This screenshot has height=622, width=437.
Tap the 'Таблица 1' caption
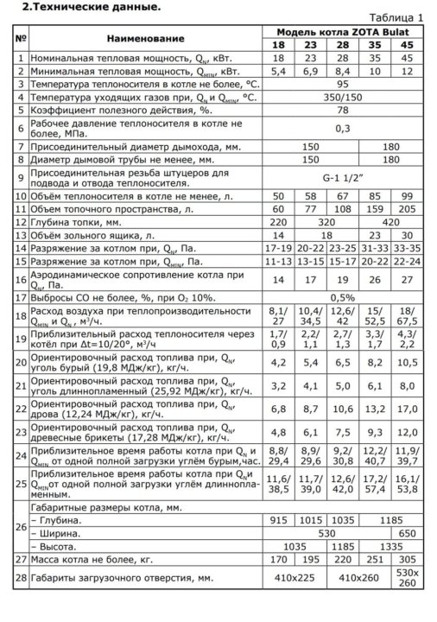396,17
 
